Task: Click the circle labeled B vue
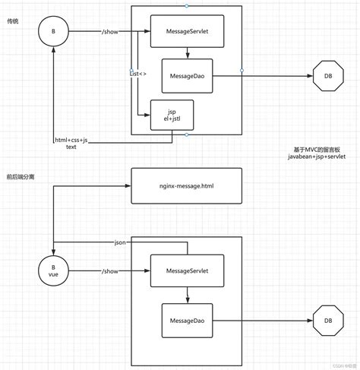tap(52, 270)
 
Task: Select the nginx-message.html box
tap(187, 187)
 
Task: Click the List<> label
tap(137, 74)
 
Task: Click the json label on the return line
tap(119, 242)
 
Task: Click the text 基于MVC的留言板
tap(318, 150)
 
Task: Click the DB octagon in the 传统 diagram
tap(327, 76)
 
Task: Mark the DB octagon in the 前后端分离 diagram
tap(327, 321)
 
